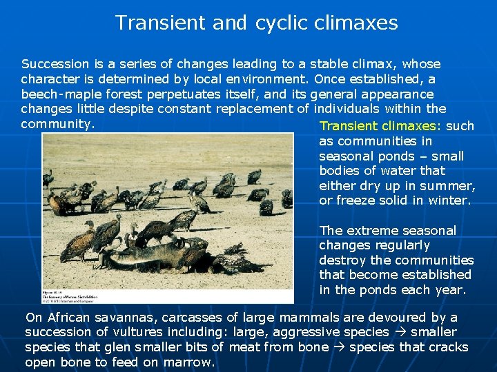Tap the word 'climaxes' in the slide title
pos(355,23)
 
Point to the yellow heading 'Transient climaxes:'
pos(381,126)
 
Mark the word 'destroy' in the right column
pos(342,260)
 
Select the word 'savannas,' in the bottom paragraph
pos(118,318)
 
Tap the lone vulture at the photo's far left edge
pos(48,179)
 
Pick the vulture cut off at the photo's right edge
pos(286,198)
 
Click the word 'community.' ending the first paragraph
pos(57,124)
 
